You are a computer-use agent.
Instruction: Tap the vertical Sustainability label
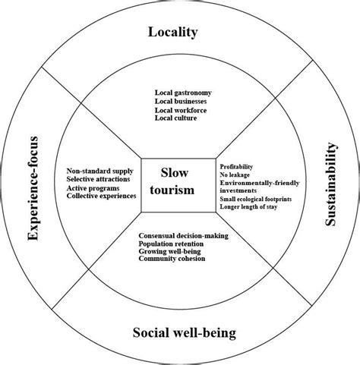pos(331,183)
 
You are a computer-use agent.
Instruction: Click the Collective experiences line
pos(101,196)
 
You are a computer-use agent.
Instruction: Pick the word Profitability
pos(236,166)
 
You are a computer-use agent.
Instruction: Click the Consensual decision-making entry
pos(184,236)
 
